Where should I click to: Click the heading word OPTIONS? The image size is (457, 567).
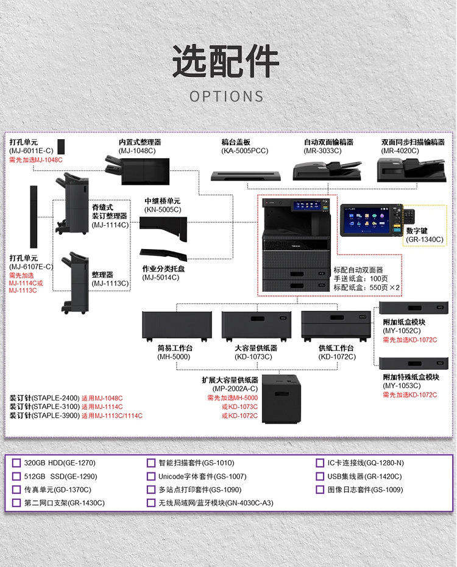click(227, 96)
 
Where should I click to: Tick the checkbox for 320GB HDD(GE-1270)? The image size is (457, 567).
click(16, 463)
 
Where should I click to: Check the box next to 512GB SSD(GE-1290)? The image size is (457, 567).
click(16, 477)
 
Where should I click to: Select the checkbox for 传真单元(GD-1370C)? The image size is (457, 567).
click(16, 490)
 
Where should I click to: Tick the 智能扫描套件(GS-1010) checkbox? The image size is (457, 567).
click(151, 463)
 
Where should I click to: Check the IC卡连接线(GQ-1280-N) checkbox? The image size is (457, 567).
click(321, 463)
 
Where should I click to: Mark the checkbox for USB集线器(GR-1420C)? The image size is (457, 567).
click(321, 477)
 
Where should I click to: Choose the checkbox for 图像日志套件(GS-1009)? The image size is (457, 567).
click(321, 490)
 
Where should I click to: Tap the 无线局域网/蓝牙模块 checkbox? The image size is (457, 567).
click(151, 504)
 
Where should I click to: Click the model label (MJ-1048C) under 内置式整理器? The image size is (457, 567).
click(137, 151)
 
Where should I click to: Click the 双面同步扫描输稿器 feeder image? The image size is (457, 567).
click(403, 170)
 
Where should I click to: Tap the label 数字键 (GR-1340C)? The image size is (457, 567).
click(425, 235)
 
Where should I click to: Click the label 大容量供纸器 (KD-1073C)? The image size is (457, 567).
click(256, 352)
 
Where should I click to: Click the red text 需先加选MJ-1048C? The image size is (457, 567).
click(36, 160)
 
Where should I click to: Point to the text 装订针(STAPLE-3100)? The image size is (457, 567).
click(44, 406)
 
